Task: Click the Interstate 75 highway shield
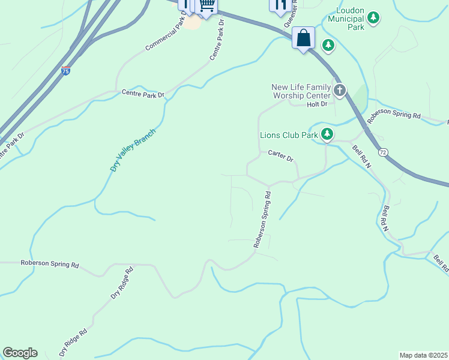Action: [x=65, y=71]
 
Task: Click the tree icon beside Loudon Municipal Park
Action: [x=374, y=18]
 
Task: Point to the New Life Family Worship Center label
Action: [x=301, y=91]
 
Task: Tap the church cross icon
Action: [x=340, y=91]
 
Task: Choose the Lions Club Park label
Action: [x=288, y=135]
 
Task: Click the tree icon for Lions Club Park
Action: [x=327, y=134]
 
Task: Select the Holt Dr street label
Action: [x=316, y=104]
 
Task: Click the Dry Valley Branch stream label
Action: [x=133, y=150]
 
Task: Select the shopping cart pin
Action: [x=206, y=6]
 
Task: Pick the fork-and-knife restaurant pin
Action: [x=280, y=5]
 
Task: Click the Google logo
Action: [x=20, y=353]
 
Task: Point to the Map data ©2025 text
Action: [x=423, y=355]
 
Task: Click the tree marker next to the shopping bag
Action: [x=328, y=44]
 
